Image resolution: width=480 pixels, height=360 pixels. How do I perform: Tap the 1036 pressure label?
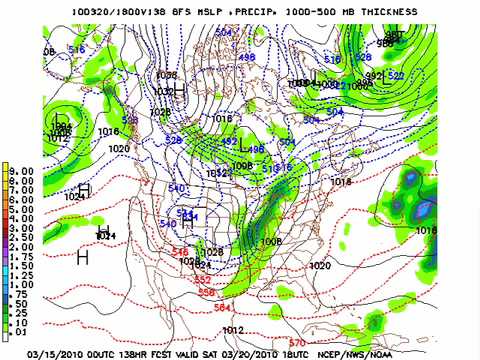pos(166,75)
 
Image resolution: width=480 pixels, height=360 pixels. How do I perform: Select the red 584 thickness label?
pos(222,307)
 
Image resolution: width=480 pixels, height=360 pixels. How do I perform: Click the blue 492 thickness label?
pos(228,142)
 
